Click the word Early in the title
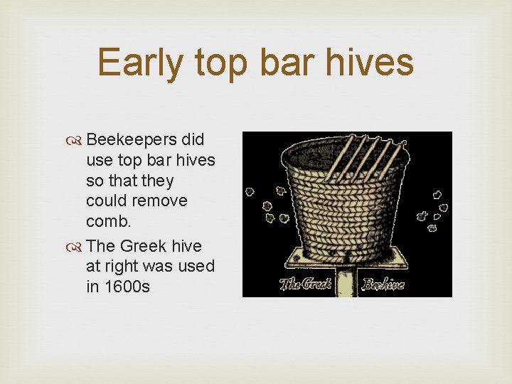(x=141, y=63)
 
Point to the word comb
(x=108, y=221)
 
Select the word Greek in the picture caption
(x=318, y=284)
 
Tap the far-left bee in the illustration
(x=250, y=191)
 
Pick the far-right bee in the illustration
(x=444, y=208)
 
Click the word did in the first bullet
(x=192, y=140)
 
